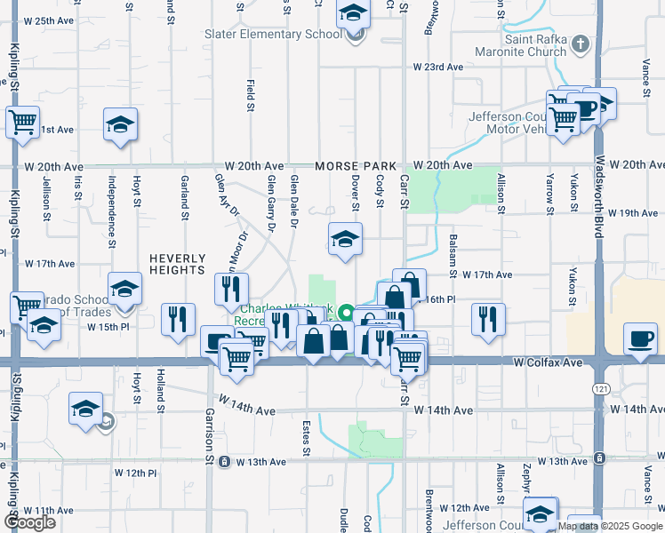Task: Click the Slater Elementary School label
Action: pos(273,35)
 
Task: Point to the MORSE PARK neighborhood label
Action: pos(352,166)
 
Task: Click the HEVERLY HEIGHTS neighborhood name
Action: pos(178,265)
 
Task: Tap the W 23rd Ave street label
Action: pos(437,68)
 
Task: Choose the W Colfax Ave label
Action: pos(548,363)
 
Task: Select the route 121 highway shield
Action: pos(602,390)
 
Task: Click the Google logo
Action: pos(30,522)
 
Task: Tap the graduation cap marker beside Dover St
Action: pos(345,239)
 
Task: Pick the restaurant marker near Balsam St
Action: pos(487,319)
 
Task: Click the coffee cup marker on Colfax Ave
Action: pos(641,339)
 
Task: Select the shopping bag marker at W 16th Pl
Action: pos(409,285)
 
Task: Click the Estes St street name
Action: pos(305,439)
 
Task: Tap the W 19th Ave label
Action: pos(638,213)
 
